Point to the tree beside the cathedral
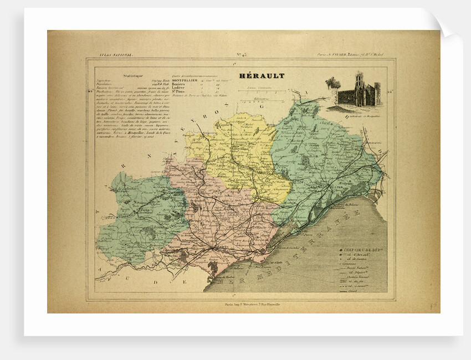tap(332, 84)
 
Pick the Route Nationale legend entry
tap(361, 266)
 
